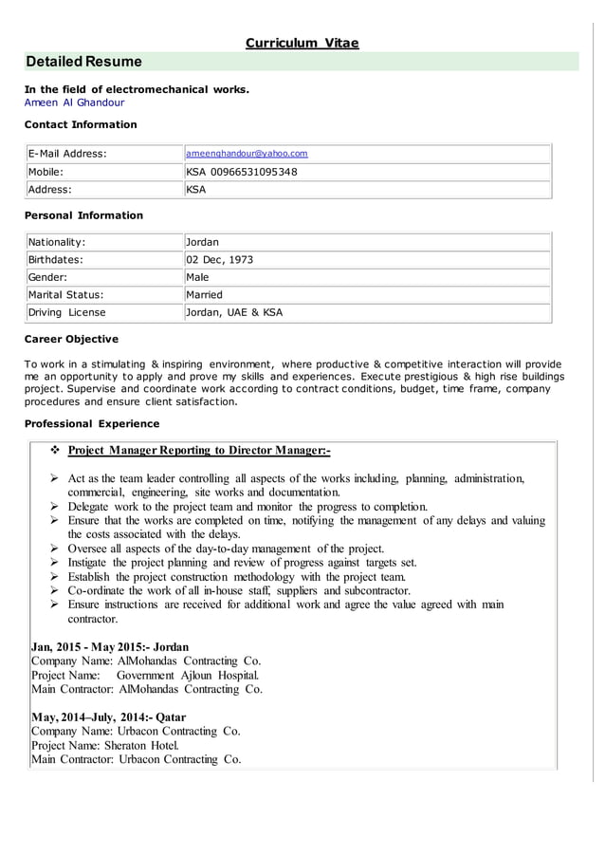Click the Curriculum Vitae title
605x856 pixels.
tap(302, 43)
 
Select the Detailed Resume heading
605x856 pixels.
tap(84, 62)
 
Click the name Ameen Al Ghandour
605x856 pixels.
tap(74, 102)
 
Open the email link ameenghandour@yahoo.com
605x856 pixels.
tap(247, 153)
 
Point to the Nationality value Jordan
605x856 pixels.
tap(202, 242)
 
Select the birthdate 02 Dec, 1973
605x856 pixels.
tap(219, 259)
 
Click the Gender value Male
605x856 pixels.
tap(198, 277)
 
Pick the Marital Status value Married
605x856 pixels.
tap(204, 294)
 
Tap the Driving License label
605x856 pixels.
tap(67, 312)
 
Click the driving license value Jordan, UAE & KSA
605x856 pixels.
tap(234, 312)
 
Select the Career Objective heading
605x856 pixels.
tap(71, 339)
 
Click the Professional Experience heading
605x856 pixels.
tap(91, 423)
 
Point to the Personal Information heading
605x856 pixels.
tap(83, 215)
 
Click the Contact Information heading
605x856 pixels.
tap(81, 124)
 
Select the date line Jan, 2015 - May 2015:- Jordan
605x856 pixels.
tap(110, 646)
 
